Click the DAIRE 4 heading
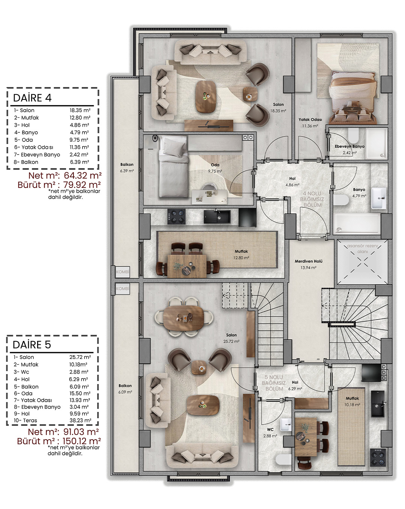coord(32,98)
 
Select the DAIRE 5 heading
coord(31,345)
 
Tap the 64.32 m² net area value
coord(82,176)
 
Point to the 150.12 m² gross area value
coord(82,441)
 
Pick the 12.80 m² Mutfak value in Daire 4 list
coord(80,117)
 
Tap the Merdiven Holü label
coord(308,261)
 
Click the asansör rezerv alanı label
coord(363,249)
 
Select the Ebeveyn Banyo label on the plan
coord(349,146)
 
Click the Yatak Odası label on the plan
coord(310,119)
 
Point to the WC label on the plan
coord(270,429)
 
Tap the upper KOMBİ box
coord(123,272)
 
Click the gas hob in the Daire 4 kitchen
coord(176,217)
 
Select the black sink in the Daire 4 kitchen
coord(217,217)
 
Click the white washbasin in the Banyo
coord(379,198)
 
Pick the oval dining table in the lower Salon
coord(183,318)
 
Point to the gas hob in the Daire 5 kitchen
coord(378,457)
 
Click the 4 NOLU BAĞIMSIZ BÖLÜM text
coord(312,199)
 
